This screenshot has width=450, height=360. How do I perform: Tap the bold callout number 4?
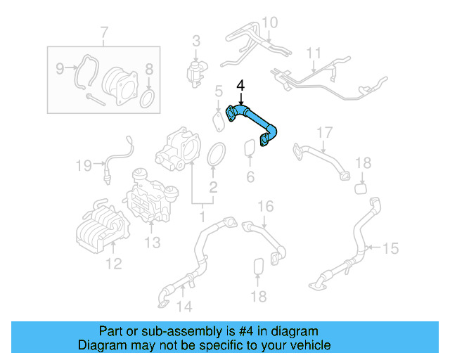[240, 86]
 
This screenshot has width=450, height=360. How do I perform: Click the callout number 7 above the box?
[104, 32]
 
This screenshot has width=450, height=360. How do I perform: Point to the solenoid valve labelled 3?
[195, 71]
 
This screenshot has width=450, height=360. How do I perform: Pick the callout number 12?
[114, 264]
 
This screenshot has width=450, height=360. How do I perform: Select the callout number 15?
[390, 248]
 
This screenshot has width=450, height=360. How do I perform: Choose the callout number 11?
[314, 53]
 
